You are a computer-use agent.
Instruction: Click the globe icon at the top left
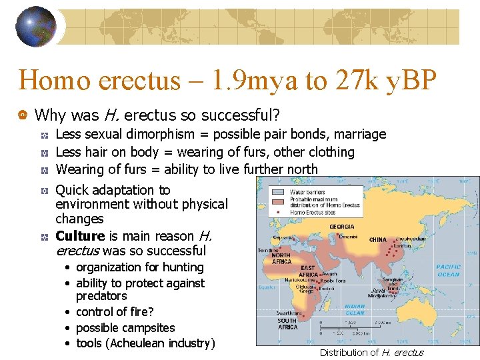coord(36,27)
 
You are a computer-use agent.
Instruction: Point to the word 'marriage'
coord(359,135)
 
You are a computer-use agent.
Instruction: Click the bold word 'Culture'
coord(80,236)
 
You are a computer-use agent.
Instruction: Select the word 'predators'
coord(101,295)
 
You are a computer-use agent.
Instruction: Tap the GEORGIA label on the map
coord(342,227)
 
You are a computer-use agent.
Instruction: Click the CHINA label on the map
coord(377,239)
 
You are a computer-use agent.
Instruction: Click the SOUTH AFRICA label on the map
coord(287,324)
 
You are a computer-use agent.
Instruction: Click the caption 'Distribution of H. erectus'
coord(371,353)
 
